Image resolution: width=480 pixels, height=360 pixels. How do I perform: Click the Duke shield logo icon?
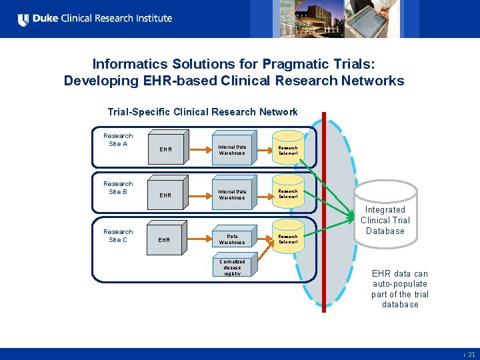coord(23,19)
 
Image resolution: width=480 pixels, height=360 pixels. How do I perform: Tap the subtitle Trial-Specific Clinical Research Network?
coord(203,112)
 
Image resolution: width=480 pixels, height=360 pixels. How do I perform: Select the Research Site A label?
coord(118,140)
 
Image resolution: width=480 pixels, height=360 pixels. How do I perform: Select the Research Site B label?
coord(118,188)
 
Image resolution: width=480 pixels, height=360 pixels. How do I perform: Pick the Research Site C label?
coord(118,236)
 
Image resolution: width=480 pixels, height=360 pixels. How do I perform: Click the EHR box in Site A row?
coord(165,149)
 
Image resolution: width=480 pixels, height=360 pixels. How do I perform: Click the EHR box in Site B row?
coord(165,195)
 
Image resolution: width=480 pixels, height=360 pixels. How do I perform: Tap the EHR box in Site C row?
coord(164,239)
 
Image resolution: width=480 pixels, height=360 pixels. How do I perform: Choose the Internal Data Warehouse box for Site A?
coord(232,150)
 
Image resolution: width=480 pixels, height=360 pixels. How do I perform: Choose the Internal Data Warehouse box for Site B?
coord(232,195)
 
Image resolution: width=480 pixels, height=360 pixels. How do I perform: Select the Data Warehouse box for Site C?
coord(232,239)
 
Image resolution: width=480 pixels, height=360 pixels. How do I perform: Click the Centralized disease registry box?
coord(232,267)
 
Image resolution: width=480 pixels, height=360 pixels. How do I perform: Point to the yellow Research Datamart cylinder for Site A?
coord(288,149)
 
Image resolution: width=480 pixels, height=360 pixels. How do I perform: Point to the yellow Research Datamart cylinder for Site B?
coord(288,193)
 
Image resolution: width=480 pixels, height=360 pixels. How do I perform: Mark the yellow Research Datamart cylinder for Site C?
coord(288,238)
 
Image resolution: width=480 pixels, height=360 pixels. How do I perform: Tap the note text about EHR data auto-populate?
coord(400,289)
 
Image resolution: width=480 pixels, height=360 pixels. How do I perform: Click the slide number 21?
coord(471,355)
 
